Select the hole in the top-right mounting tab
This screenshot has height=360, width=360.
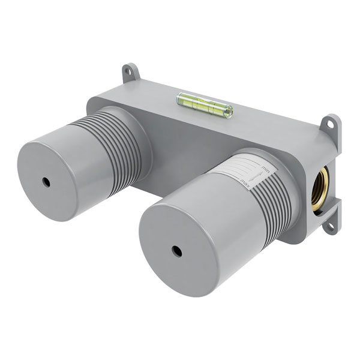(x=330, y=124)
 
